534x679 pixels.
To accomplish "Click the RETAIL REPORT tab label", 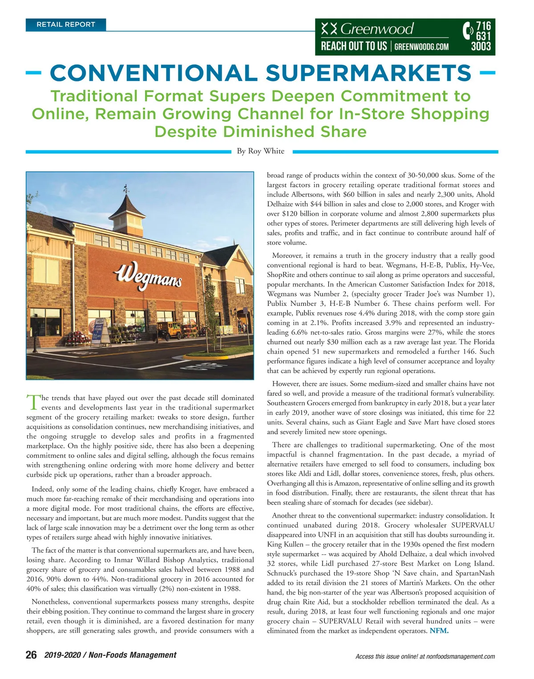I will coord(66,24).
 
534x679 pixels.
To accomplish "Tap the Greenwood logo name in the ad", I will coord(377,29).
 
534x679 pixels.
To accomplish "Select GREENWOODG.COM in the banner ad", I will coord(421,46).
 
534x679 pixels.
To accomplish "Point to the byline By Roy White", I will coord(260,151).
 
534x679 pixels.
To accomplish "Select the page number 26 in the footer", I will coord(31,655).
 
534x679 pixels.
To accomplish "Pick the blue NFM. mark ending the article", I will coord(439,631).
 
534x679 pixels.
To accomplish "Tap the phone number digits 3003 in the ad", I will coord(481,47).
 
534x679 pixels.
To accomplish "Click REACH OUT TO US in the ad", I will coord(354,46).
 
